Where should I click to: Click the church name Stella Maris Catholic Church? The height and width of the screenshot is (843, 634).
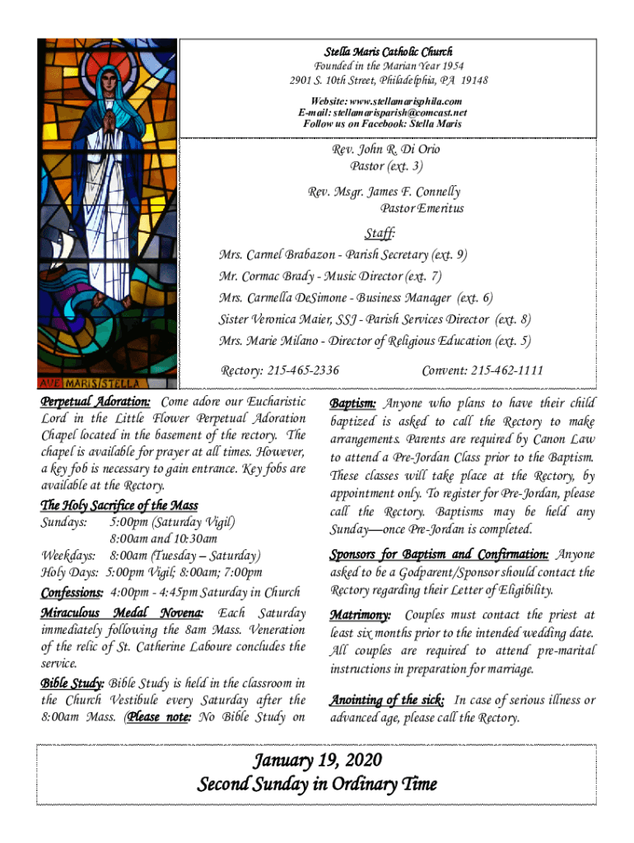(x=387, y=51)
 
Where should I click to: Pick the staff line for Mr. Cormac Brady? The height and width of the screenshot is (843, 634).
(x=330, y=277)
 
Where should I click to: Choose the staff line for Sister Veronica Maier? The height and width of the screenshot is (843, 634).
(x=375, y=319)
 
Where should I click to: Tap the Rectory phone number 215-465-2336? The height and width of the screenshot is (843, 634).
(x=302, y=370)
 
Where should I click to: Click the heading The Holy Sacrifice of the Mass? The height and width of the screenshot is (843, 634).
(x=119, y=505)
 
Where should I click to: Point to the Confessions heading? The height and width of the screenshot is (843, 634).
(x=72, y=593)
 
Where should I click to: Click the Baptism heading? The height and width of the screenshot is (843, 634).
(x=353, y=403)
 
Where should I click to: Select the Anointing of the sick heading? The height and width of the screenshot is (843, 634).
(x=388, y=701)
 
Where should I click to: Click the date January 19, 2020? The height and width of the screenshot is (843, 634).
(x=317, y=759)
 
